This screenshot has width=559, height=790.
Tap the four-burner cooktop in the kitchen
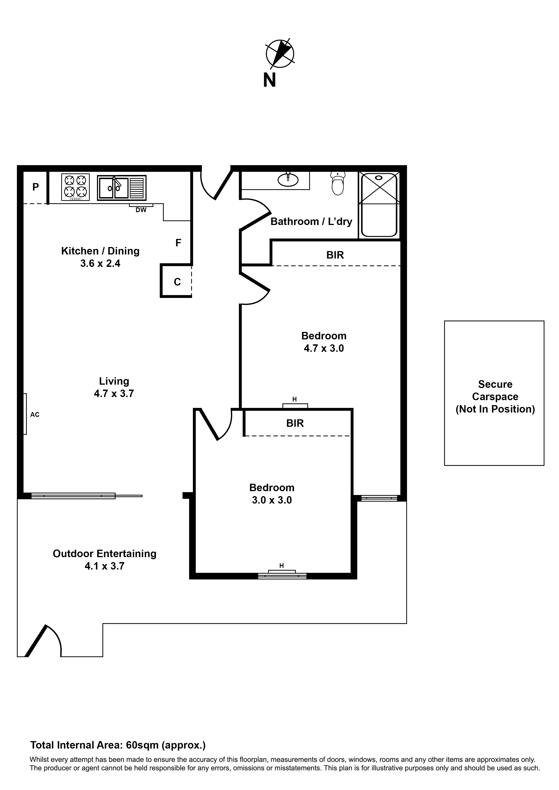point(75,187)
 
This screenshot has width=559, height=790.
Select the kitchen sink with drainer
point(121,188)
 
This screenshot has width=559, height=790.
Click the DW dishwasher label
point(141,210)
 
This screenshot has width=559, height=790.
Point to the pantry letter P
point(35,187)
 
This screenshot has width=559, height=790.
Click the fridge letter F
point(178,243)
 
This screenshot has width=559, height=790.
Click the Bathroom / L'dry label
point(311,221)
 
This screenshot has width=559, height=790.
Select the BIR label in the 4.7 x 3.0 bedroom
point(335,255)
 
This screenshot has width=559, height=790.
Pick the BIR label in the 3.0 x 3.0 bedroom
point(295,423)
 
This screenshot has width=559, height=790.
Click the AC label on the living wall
point(35,415)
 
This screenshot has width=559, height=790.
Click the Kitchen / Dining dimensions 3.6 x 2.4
point(100,263)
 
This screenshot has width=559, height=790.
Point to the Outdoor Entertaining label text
point(104,554)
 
